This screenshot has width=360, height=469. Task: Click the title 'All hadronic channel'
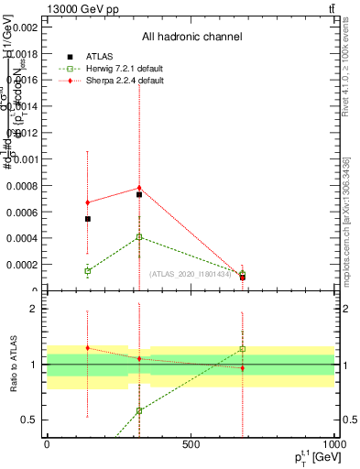click(191, 38)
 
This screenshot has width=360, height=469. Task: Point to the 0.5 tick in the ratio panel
click(27, 420)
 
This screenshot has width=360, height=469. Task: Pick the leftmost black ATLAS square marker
click(87, 219)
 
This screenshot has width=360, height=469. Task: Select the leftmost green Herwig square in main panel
click(87, 271)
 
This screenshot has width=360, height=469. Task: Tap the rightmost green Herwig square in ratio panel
click(243, 349)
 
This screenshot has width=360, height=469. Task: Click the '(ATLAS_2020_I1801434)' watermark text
click(190, 274)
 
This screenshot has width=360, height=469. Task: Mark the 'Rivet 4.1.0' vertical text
click(344, 73)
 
